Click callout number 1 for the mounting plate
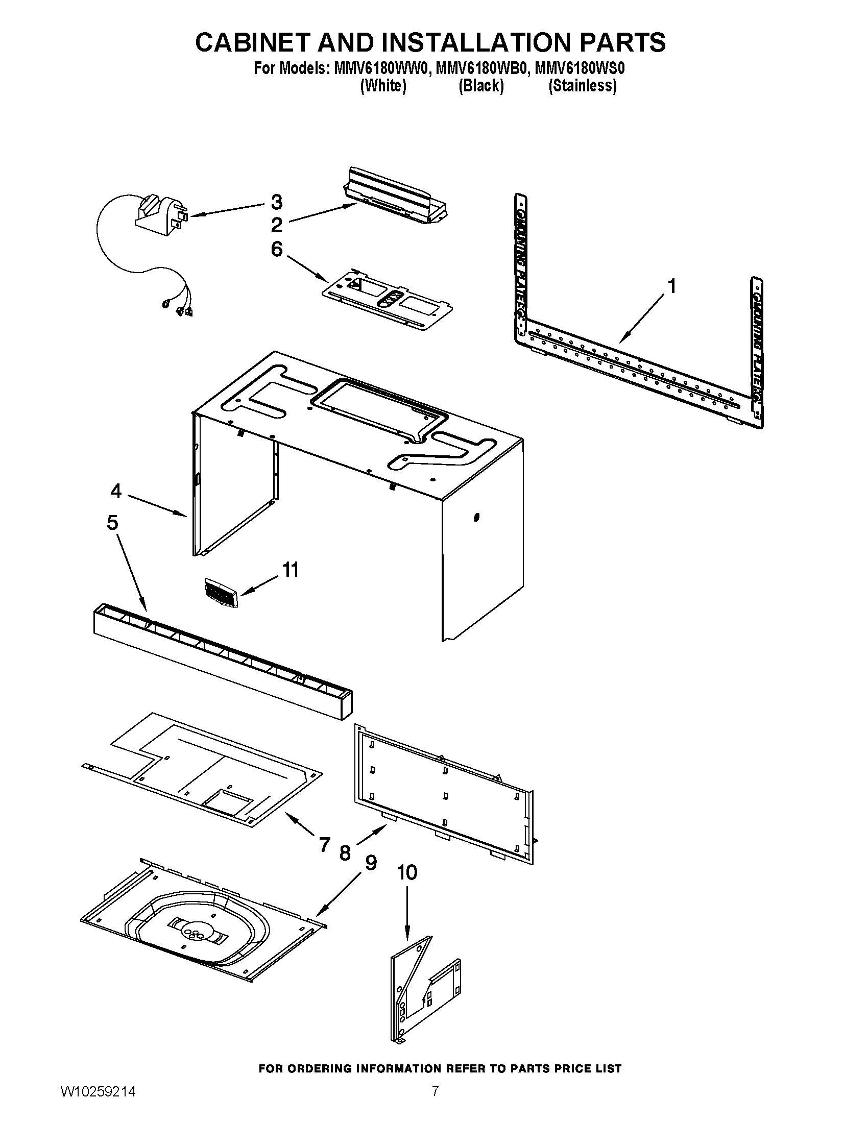coord(672,286)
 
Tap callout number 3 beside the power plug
coord(277,202)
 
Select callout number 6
coord(277,250)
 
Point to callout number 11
coord(291,570)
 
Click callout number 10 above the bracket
coord(407,872)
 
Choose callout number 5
coord(113,522)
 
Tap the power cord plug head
coord(159,215)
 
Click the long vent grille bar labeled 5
coord(223,661)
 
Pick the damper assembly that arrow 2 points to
coord(396,198)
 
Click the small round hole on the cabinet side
coord(476,517)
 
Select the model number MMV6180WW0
coord(380,68)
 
